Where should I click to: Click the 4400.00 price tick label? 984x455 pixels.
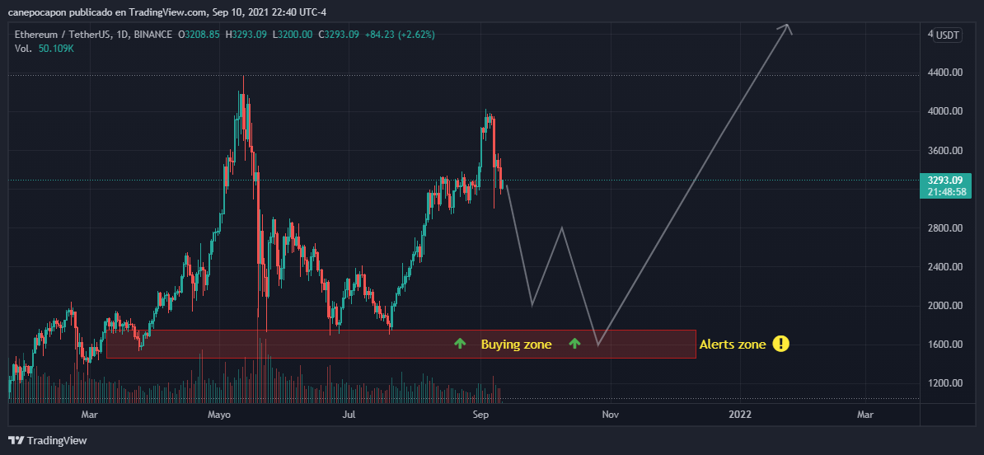(x=945, y=73)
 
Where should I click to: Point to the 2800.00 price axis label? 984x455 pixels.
(x=945, y=228)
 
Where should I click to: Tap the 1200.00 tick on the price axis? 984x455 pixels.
(x=945, y=383)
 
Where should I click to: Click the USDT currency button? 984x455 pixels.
(x=947, y=35)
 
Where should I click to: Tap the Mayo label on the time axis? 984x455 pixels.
(x=219, y=415)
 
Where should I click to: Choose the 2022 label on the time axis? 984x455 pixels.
(x=740, y=415)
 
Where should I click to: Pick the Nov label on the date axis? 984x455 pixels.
(x=610, y=415)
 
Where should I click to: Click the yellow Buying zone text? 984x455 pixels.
(x=517, y=345)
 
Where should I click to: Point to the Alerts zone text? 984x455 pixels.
(x=733, y=344)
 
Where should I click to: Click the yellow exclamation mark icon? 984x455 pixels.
(x=780, y=344)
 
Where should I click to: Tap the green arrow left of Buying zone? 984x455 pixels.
(x=461, y=343)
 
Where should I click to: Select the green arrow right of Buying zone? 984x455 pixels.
(x=575, y=343)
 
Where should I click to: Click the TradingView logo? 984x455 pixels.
(x=48, y=440)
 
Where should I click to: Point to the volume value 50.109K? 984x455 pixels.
(x=56, y=49)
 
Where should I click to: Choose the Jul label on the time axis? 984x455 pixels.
(x=349, y=415)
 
